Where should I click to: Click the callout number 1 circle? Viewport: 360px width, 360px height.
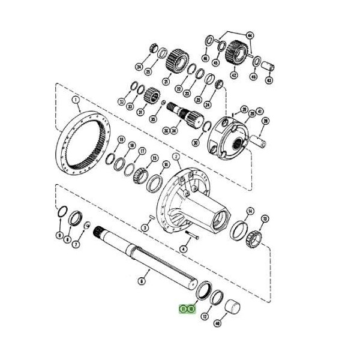click(76, 100)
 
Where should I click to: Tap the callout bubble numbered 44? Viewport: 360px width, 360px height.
click(250, 35)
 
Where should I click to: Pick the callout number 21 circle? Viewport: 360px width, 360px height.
click(167, 80)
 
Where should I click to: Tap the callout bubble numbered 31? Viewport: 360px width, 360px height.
click(142, 112)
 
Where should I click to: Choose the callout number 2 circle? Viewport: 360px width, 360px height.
click(176, 157)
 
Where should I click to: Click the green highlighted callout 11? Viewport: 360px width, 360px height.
click(184, 309)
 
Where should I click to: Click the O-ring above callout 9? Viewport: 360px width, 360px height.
click(60, 214)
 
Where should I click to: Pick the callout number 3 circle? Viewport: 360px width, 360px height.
click(145, 227)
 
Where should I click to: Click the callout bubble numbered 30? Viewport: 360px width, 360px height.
click(196, 142)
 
